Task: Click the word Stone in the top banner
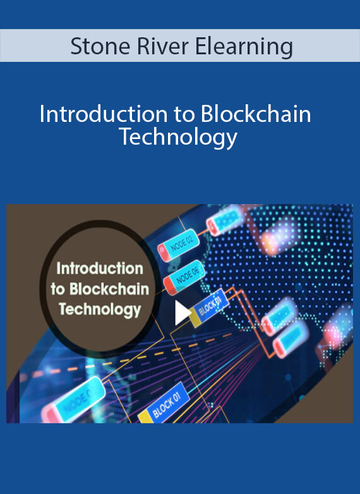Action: pyautogui.click(x=100, y=47)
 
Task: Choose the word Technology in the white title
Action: pyautogui.click(x=179, y=138)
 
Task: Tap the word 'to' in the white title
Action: pyautogui.click(x=184, y=115)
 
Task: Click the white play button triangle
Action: pyautogui.click(x=183, y=313)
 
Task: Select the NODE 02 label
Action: pyautogui.click(x=182, y=245)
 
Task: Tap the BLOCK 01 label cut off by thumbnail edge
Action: pyautogui.click(x=166, y=404)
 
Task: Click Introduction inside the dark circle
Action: pyautogui.click(x=100, y=268)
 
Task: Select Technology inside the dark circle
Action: pyautogui.click(x=100, y=310)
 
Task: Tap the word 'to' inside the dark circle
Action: pyautogui.click(x=58, y=289)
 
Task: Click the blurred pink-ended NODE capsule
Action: pyautogui.click(x=73, y=399)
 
